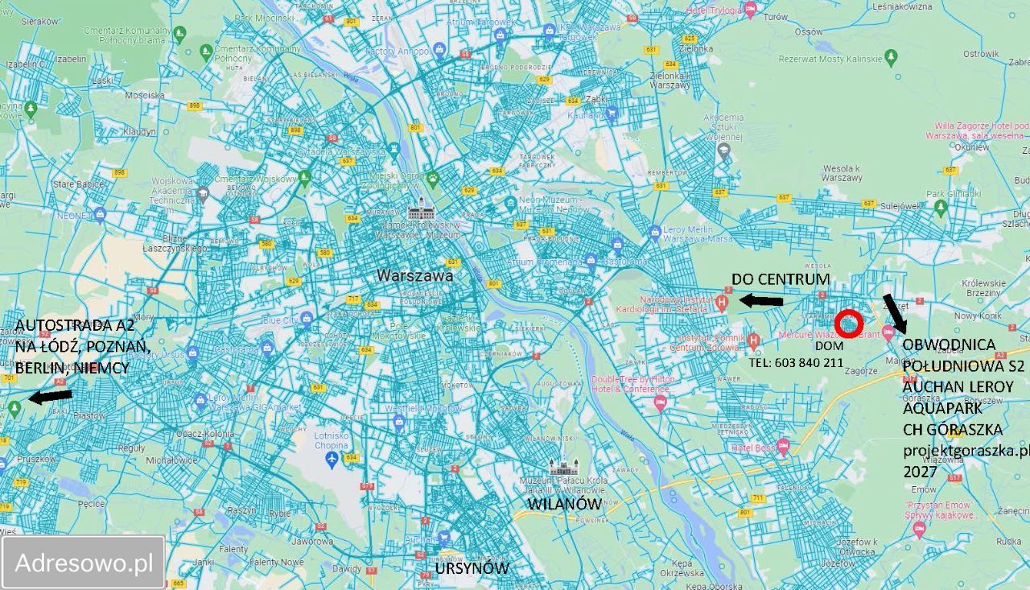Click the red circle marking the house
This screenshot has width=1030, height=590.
(x=849, y=324)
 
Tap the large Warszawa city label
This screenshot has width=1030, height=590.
(x=414, y=275)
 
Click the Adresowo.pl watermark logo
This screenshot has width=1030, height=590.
(x=84, y=563)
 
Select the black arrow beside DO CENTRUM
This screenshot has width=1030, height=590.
(x=760, y=301)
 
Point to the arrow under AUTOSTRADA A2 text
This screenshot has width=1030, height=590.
(x=49, y=396)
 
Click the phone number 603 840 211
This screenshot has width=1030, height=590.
(x=796, y=362)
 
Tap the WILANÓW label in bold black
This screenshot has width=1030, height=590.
(x=564, y=504)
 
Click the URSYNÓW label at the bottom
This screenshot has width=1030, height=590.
(x=472, y=568)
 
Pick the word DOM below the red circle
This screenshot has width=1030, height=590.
(x=828, y=345)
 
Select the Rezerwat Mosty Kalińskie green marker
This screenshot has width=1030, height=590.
(x=890, y=56)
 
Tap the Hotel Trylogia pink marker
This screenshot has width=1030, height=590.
(x=750, y=10)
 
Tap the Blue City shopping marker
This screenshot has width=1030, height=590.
(x=305, y=319)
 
